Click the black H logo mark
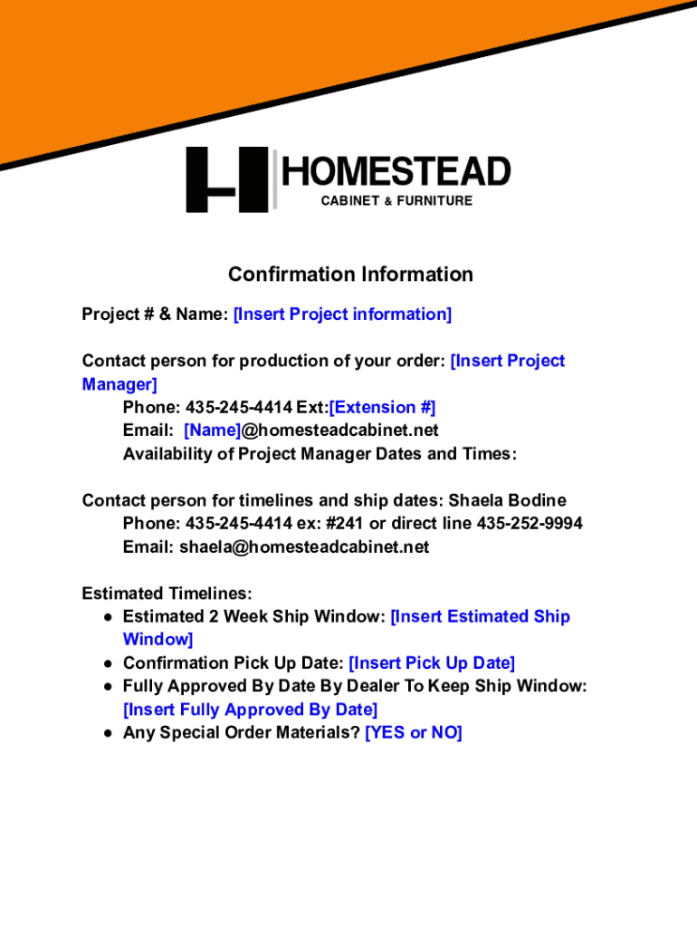tap(227, 179)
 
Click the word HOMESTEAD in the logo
tap(396, 171)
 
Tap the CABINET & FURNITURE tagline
tap(396, 200)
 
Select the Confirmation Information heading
tap(350, 274)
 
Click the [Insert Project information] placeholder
tap(342, 314)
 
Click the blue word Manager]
tap(119, 384)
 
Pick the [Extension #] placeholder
tap(383, 408)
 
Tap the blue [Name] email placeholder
tap(212, 430)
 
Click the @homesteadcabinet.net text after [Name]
tap(340, 430)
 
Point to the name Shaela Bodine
tap(507, 500)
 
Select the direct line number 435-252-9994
tap(530, 524)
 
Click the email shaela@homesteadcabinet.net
tap(304, 546)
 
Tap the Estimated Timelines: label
tap(167, 594)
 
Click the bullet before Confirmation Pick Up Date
tap(108, 664)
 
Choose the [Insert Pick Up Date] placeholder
tap(432, 663)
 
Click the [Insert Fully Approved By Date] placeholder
tap(250, 710)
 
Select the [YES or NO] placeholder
tap(414, 732)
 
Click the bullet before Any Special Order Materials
tap(108, 734)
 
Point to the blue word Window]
tap(158, 640)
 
